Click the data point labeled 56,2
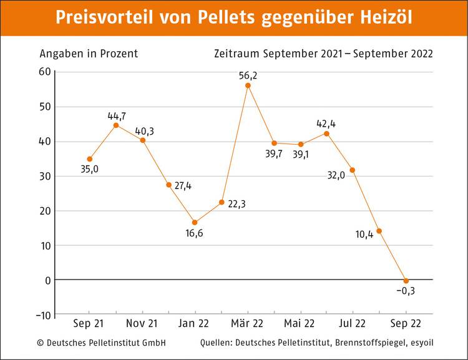[x=248, y=85]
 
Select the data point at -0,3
[x=406, y=281]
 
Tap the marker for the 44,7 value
[x=116, y=125]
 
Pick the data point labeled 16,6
[x=195, y=223]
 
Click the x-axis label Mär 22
[x=248, y=323]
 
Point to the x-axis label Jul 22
[x=353, y=323]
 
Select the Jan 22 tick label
[x=195, y=323]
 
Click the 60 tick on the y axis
[x=44, y=72]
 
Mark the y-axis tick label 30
[x=44, y=176]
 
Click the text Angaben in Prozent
[x=89, y=53]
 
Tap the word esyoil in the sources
[x=419, y=343]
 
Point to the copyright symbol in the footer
[x=41, y=343]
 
